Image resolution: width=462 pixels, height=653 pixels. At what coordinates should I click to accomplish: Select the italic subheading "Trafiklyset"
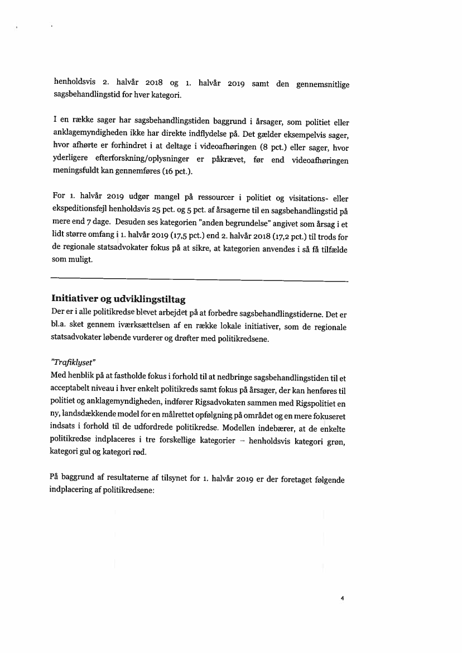click(x=73, y=361)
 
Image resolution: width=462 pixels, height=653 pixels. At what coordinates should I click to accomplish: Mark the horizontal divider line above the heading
click(x=199, y=280)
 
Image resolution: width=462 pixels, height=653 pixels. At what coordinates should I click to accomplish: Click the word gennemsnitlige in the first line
click(x=321, y=84)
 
